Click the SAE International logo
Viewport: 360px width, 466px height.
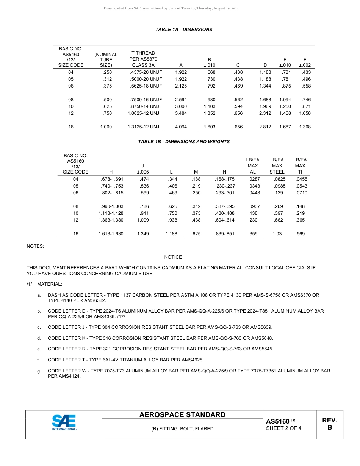pos(64,422)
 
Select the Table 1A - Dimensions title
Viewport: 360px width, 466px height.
pos(184,30)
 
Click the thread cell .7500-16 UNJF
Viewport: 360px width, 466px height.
pos(144,100)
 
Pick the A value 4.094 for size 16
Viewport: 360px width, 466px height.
pos(181,127)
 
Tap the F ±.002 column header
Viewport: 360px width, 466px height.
pos(305,62)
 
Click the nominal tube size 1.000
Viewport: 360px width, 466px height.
pos(106,127)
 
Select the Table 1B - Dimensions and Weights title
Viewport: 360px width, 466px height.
pos(184,142)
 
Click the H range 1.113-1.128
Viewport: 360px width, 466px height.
pos(111,213)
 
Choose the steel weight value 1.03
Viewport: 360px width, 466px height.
pos(277,234)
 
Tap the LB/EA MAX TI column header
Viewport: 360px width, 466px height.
pos(300,166)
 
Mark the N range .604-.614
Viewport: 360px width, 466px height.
pos(225,220)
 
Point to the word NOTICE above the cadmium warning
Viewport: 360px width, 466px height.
pos(173,257)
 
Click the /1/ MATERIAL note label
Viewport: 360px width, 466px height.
pos(44,284)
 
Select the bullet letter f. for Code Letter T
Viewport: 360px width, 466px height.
pos(39,360)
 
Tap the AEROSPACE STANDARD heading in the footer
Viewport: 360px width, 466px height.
pos(182,415)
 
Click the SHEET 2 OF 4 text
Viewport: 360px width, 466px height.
pos(283,429)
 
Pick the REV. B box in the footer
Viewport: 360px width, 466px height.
pos(329,424)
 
